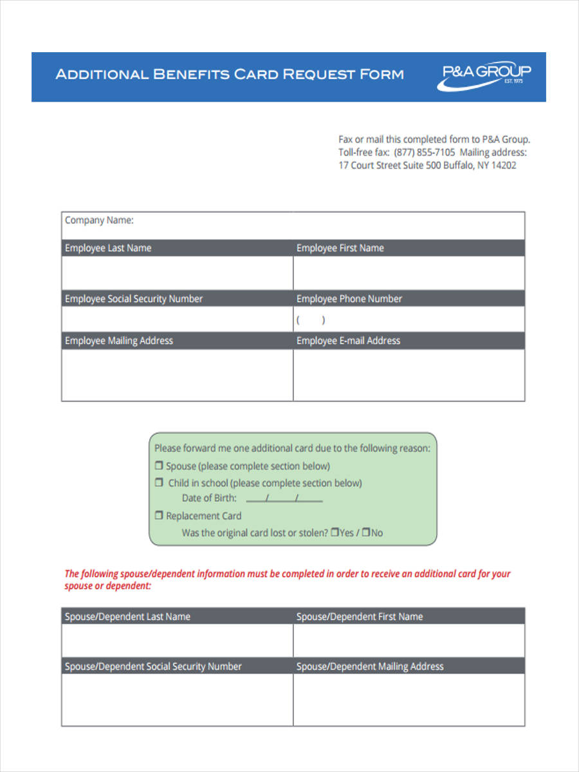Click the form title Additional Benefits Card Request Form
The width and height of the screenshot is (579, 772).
click(x=230, y=74)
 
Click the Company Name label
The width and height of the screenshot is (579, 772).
click(x=99, y=220)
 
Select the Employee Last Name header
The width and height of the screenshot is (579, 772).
click(x=108, y=248)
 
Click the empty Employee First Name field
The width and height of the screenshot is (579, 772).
click(x=409, y=273)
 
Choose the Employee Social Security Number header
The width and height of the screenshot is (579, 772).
click(x=134, y=299)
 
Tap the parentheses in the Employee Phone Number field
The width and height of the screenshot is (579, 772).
click(x=310, y=320)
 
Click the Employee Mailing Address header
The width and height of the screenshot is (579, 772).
click(x=119, y=340)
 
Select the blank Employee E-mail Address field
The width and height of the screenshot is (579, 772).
click(x=409, y=374)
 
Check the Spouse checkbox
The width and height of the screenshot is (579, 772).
click(x=159, y=466)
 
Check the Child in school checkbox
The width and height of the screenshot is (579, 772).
click(x=159, y=482)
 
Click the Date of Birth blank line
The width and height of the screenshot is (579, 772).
click(x=284, y=499)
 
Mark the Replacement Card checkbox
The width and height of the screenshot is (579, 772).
click(x=159, y=515)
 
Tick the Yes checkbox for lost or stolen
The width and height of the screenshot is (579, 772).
click(x=335, y=533)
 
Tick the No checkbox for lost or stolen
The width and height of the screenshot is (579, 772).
click(x=366, y=533)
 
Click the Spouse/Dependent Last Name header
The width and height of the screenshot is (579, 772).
click(x=127, y=616)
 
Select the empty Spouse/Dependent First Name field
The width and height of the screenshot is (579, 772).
click(x=409, y=640)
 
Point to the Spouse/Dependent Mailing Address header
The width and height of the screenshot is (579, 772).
click(x=370, y=666)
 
